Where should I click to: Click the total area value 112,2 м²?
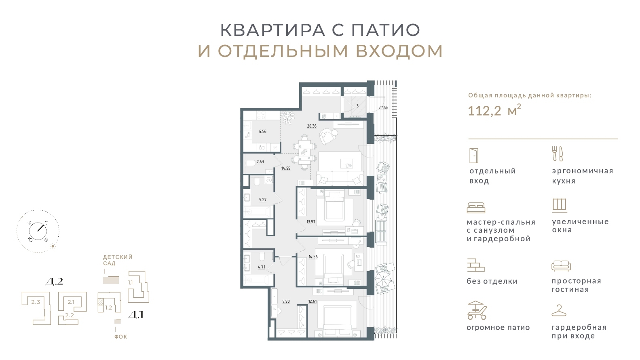tap(494, 110)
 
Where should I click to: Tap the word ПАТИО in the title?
tap(386, 30)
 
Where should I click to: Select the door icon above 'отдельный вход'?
tap(474, 156)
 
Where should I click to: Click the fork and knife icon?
tap(557, 154)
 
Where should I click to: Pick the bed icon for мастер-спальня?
tap(476, 208)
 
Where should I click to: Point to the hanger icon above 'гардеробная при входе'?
tap(559, 310)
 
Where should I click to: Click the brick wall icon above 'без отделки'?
tap(476, 265)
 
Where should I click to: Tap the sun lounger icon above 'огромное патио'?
tap(477, 310)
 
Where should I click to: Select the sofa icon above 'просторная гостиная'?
tap(561, 266)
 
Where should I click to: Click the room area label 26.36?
tap(312, 126)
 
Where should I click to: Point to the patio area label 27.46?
tap(383, 107)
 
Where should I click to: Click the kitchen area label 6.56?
tap(262, 131)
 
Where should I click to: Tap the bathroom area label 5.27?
tap(262, 200)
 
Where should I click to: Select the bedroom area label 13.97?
tap(311, 221)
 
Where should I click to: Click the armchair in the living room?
tap(329, 136)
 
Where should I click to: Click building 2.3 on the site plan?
tap(36, 308)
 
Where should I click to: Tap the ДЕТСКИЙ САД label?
tap(118, 260)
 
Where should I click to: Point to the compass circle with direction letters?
tap(38, 231)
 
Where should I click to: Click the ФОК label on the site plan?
tap(120, 337)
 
